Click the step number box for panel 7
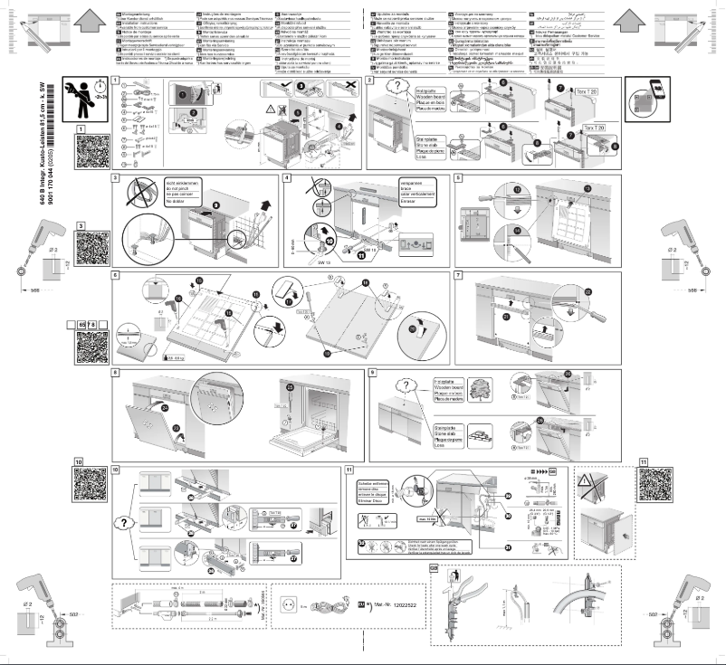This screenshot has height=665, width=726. pyautogui.click(x=458, y=274)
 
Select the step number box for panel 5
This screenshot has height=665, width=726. pyautogui.click(x=458, y=177)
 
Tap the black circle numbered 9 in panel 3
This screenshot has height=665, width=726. pyautogui.click(x=215, y=204)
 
